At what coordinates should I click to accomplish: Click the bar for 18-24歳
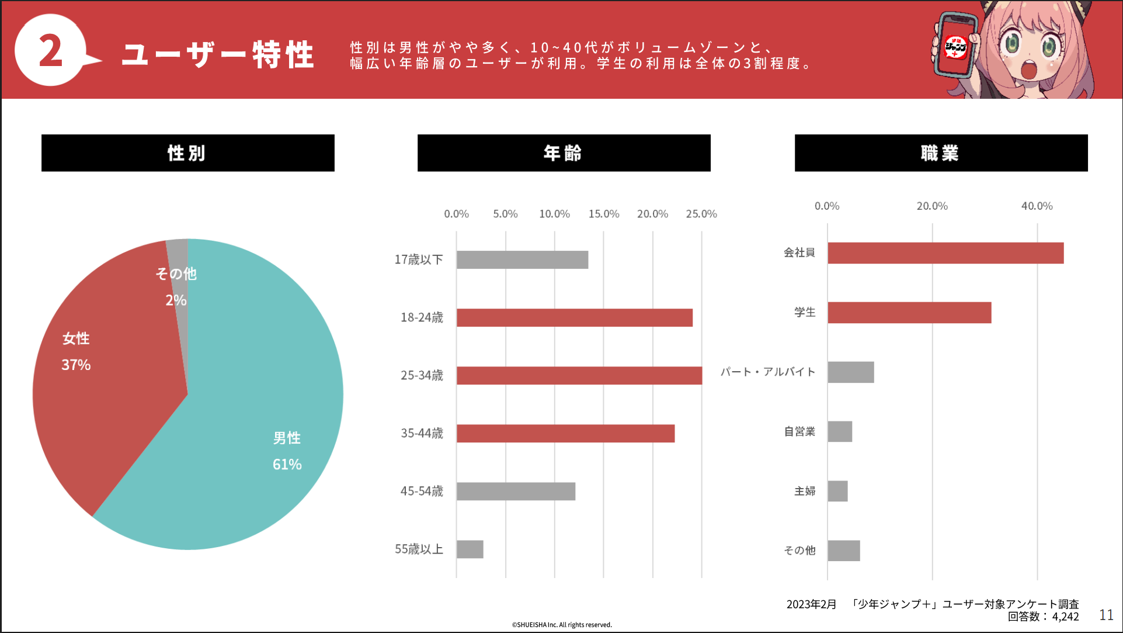tap(574, 318)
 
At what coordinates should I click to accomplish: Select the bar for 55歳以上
tap(470, 549)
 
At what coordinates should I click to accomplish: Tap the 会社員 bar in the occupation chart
tap(945, 253)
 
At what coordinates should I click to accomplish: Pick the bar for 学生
tap(909, 313)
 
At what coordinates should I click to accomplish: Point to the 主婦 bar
tap(837, 491)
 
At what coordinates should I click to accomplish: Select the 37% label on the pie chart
tap(76, 365)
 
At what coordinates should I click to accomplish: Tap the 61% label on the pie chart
tap(287, 465)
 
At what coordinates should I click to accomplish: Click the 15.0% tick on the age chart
tap(603, 214)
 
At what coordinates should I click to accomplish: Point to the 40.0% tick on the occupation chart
tap(1037, 206)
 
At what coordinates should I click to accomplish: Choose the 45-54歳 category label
tap(422, 492)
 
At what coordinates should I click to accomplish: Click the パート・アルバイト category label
tap(767, 372)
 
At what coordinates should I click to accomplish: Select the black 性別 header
tap(187, 153)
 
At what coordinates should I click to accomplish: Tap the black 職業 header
tap(941, 153)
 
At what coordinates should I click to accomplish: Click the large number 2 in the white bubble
tap(51, 51)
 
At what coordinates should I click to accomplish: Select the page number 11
tap(1106, 615)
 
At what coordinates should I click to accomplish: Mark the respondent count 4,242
tap(1065, 617)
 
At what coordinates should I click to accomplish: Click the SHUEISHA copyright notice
tap(562, 625)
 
